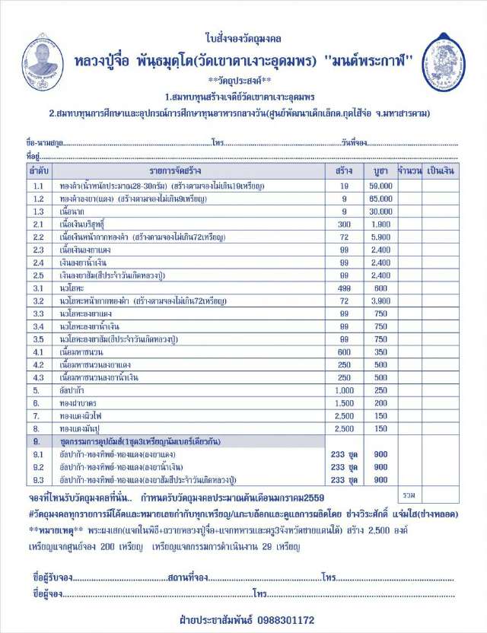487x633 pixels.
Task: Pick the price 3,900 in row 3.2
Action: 381,301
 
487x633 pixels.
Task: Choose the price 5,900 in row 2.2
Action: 381,237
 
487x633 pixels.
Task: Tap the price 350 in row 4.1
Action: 381,351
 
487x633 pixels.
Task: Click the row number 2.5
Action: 38,275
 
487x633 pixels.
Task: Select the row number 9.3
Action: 38,479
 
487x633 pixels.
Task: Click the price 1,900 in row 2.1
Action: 381,224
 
